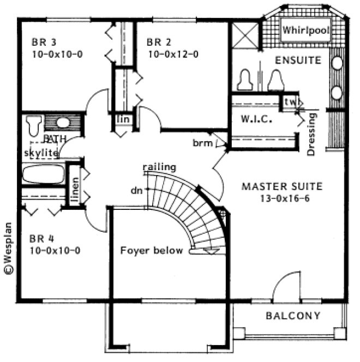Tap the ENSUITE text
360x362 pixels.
[x=298, y=59]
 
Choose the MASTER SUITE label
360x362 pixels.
[x=282, y=186]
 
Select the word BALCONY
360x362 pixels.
[x=293, y=316]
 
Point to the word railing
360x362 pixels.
[x=159, y=167]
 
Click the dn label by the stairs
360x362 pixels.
[x=137, y=191]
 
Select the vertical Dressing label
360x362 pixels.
[x=311, y=134]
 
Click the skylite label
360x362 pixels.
[x=40, y=153]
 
